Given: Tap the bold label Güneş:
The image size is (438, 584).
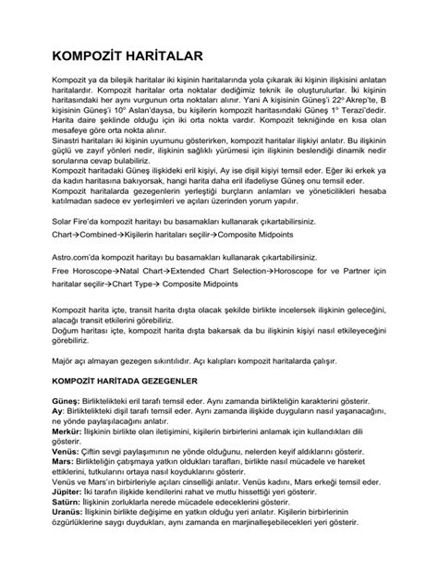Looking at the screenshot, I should pyautogui.click(x=67, y=402).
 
